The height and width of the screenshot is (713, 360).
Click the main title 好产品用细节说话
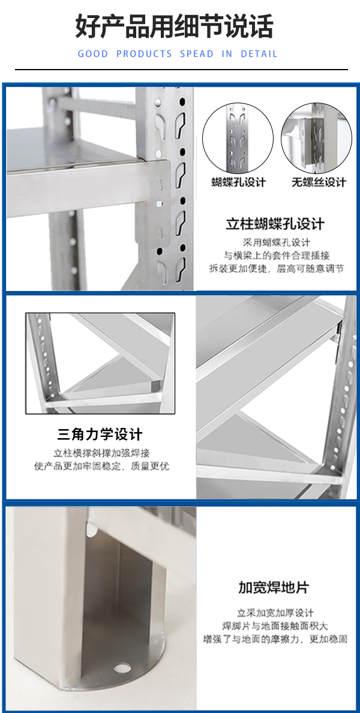coord(174,26)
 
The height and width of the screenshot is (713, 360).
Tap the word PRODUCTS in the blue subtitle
coord(144,54)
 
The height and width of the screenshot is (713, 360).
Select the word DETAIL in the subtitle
coord(259,54)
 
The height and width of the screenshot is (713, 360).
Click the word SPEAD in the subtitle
coord(196,54)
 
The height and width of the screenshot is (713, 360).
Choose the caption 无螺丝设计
coord(319,182)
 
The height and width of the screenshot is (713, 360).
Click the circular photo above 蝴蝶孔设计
coord(238,138)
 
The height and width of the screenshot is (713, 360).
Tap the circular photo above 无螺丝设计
coord(316,138)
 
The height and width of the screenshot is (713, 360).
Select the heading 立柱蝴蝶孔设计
coord(275,224)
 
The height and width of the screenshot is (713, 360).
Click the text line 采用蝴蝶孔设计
coord(277,242)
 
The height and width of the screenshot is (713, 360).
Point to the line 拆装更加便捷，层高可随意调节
coord(277,268)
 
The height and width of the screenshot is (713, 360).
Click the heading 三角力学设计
coord(100,435)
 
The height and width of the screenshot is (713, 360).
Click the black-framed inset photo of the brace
coord(100,363)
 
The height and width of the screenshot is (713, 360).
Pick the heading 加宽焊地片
coord(274,587)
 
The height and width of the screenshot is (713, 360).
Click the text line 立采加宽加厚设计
coord(275,613)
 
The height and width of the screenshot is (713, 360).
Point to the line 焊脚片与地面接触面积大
coord(275,626)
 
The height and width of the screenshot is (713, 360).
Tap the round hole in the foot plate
coord(121,667)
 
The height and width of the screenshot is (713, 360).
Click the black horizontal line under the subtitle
coord(181,70)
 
